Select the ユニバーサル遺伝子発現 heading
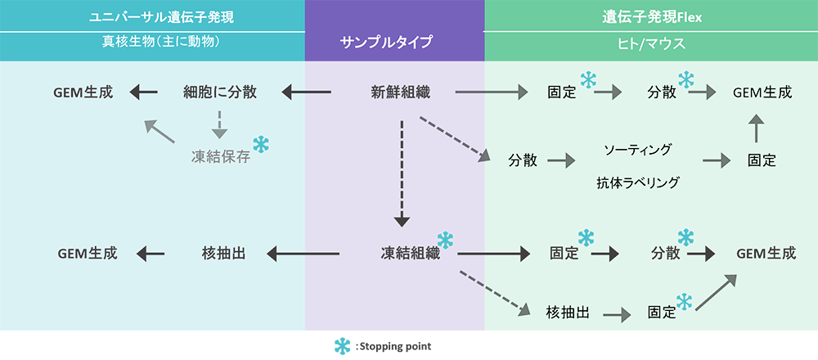point(152,15)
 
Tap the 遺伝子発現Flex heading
point(650,15)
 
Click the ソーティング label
point(637,150)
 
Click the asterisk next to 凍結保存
point(260,145)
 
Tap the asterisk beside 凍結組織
point(445,240)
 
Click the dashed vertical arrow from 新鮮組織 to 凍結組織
point(401,173)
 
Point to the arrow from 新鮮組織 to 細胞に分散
point(306,92)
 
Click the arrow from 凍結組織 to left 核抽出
point(303,254)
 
